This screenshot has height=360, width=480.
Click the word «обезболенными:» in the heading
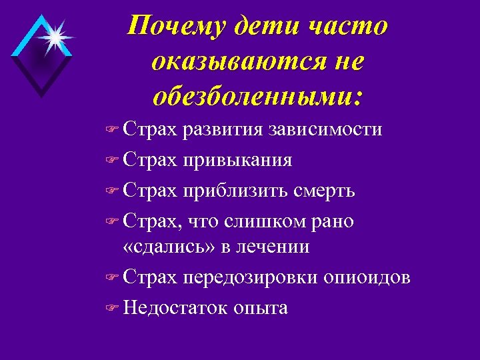click(257, 97)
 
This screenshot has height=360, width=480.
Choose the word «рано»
click(331, 223)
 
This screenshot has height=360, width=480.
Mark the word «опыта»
click(261, 309)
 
